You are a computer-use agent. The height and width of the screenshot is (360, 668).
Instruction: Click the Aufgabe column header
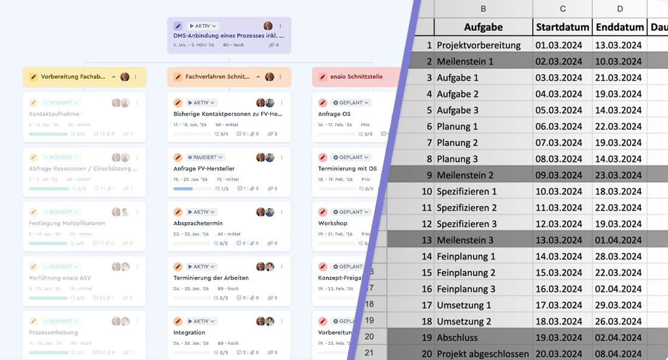[483, 27]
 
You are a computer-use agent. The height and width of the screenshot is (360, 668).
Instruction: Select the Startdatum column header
[562, 27]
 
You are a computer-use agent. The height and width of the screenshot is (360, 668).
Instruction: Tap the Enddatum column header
[619, 27]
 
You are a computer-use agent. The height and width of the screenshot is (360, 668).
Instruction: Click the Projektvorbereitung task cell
[479, 45]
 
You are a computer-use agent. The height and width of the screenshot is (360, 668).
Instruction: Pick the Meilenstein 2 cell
[465, 175]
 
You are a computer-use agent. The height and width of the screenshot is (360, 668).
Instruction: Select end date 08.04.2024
[618, 353]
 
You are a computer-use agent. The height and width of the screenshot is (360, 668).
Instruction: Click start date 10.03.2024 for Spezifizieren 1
[558, 191]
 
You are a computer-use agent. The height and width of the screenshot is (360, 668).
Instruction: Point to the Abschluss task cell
[457, 338]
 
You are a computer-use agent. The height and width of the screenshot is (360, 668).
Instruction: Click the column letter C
[562, 8]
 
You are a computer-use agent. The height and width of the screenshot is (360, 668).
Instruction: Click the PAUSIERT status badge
[205, 157]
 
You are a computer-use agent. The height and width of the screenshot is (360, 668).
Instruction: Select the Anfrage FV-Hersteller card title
[204, 169]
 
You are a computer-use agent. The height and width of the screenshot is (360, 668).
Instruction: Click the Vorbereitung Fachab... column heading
[73, 77]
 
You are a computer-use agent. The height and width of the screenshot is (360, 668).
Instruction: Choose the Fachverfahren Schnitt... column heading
[217, 77]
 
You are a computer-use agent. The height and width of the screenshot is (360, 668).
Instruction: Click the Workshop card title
[333, 223]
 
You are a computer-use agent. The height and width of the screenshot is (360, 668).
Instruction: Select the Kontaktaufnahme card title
[54, 114]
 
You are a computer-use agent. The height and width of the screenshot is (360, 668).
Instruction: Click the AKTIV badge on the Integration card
[202, 321]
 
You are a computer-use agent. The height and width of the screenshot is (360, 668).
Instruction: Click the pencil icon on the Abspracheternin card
[178, 212]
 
